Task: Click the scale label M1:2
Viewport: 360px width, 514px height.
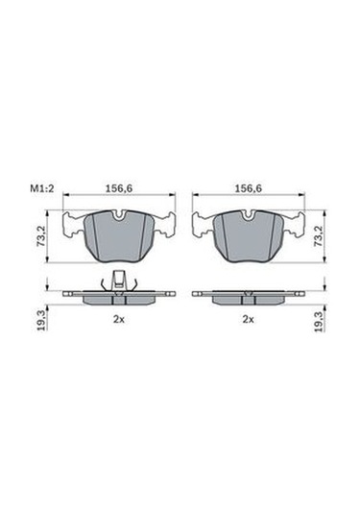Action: pos(41,188)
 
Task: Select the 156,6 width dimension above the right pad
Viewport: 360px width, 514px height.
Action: pos(249,188)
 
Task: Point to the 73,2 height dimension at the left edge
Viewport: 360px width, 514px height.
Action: pos(41,235)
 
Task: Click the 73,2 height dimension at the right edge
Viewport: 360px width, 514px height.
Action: pos(319,235)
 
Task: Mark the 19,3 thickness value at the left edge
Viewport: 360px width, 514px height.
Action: pos(41,322)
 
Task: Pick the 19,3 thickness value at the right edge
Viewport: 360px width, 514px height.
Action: pos(319,322)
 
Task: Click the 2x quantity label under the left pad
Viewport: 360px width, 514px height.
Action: pos(119,319)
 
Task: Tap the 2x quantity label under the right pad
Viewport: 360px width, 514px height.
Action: pos(249,319)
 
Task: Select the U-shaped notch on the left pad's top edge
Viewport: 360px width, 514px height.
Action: pos(119,215)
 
